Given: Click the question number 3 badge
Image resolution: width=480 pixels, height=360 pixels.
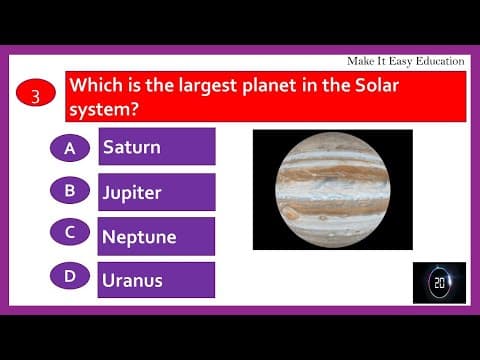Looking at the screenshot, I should coord(35,96).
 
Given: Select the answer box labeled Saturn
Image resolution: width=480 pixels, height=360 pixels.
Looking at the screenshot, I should coord(156,147).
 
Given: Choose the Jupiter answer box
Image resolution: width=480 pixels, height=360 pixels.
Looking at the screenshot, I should coord(156,192).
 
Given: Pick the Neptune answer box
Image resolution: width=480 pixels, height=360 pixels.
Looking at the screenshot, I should coord(156,237).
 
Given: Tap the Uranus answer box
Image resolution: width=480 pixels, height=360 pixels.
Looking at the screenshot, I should coord(156,280).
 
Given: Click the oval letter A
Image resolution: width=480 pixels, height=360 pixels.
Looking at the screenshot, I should coord(70,148).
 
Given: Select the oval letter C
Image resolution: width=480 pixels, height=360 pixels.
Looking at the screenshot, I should coord(70,232).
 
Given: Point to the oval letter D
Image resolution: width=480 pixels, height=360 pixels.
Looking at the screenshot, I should coord(70,276).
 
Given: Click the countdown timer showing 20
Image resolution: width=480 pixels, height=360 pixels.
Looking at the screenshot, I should coord(439,283).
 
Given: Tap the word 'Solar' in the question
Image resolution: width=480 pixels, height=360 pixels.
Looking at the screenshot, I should coord(371,86).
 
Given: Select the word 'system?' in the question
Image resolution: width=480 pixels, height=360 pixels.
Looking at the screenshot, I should coord(105,108).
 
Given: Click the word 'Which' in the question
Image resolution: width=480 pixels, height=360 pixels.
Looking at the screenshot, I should coord(94,86).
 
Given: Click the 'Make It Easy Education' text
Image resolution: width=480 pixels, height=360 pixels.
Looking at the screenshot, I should coord(404,61).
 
